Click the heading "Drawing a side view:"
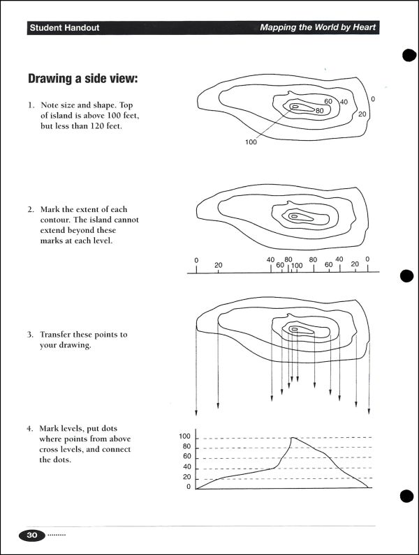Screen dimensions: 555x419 (82, 79)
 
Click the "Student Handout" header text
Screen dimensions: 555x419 (64, 28)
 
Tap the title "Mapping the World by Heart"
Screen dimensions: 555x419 (318, 28)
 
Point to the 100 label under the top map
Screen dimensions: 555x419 (251, 142)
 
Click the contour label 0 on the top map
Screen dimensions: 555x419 (373, 99)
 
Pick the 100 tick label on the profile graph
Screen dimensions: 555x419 (184, 436)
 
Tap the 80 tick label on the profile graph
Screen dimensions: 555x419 (186, 447)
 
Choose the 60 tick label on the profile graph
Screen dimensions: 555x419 (186, 457)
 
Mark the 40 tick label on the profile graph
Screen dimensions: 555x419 (186, 467)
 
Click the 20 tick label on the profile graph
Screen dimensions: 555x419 (186, 477)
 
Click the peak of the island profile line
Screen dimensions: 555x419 (293, 438)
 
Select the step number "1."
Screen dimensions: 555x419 (31, 105)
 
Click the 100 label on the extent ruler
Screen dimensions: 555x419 (297, 266)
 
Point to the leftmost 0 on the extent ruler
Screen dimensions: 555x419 (196, 260)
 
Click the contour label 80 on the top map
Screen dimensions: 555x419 (319, 110)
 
